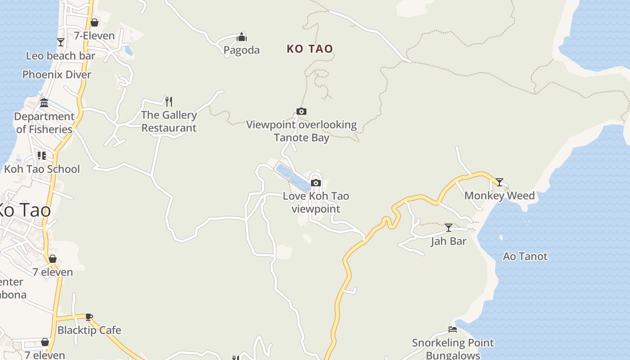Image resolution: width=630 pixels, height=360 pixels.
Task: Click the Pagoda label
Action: [x=242, y=50]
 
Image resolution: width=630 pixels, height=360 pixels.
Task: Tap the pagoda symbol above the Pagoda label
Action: [x=242, y=37]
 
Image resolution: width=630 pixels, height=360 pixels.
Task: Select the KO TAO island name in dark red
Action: [x=310, y=49]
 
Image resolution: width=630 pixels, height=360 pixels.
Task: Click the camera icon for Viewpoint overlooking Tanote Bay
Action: [x=301, y=112]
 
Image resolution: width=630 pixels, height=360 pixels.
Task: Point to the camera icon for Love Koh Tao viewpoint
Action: [x=316, y=183]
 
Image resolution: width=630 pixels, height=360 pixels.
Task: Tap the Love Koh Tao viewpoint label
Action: [x=316, y=202]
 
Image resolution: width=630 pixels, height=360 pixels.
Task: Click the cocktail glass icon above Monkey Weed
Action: [x=499, y=182]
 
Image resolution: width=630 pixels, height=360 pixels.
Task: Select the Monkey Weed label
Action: [x=499, y=196]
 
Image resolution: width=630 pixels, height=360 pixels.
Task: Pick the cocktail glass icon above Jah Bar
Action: [x=449, y=228]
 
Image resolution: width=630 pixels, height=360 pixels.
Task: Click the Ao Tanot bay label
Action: [x=525, y=256]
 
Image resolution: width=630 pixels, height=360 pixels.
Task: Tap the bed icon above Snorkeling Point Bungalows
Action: [x=453, y=329]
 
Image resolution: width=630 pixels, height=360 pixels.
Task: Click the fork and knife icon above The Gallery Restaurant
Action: [x=169, y=101]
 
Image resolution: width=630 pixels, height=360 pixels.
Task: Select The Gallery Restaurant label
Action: [x=169, y=121]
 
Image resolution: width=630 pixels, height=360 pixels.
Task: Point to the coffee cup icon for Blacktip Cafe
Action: [x=89, y=317]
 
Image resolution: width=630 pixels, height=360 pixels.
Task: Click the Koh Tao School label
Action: [x=42, y=169]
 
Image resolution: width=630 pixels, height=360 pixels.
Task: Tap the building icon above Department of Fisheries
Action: [x=44, y=103]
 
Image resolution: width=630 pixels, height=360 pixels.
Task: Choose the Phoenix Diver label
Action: [x=57, y=75]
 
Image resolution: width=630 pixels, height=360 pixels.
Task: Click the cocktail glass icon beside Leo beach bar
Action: [x=61, y=42]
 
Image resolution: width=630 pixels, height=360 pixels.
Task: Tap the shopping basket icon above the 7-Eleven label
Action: [x=94, y=22]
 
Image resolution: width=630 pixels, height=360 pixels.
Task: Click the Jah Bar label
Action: [x=449, y=241]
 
